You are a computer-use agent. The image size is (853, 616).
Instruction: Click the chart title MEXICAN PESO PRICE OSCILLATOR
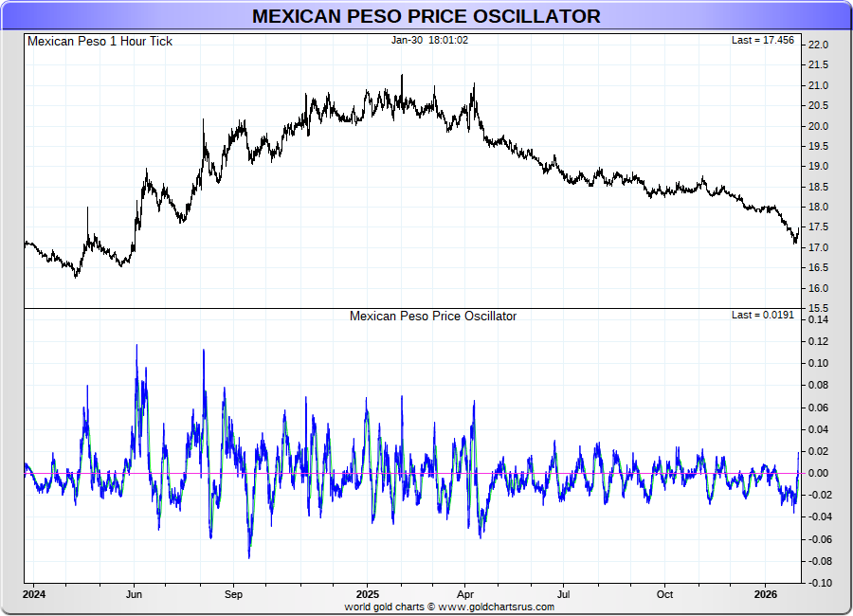coord(426,16)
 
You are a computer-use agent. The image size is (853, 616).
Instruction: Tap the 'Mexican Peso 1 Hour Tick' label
coord(100,41)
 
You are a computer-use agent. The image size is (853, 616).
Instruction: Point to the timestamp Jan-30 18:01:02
coord(430,40)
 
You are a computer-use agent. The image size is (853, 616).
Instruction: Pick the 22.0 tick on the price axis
coord(817,45)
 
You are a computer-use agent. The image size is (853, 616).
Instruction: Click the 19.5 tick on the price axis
coord(817,146)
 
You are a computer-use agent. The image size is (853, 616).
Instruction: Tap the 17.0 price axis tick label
coord(817,247)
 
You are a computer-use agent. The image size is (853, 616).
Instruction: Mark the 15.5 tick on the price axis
coord(817,308)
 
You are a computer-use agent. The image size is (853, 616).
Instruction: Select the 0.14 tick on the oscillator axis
coord(817,319)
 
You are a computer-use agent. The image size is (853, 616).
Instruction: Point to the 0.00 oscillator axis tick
coord(817,473)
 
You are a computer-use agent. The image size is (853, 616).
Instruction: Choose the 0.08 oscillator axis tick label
coord(817,385)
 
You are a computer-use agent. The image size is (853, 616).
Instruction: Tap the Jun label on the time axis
coord(134,595)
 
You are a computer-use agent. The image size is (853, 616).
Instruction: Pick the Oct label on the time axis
coord(664,595)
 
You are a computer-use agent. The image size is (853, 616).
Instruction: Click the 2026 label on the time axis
coord(766,595)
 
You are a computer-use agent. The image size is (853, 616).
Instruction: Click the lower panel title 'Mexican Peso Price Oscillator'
coord(433,316)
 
